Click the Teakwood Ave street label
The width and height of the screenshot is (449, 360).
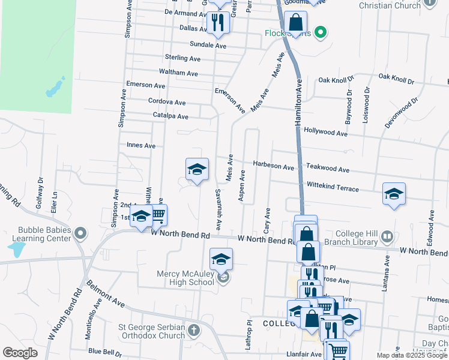327,170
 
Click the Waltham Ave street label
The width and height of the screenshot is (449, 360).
179,73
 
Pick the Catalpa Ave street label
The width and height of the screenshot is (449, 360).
170,116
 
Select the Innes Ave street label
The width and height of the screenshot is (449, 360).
141,145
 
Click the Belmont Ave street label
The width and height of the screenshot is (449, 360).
105,293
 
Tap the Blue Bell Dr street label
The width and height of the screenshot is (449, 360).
104,352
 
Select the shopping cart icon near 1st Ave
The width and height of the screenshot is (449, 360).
158,214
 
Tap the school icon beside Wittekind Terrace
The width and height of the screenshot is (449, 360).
394,193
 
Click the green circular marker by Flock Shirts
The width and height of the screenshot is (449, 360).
321,32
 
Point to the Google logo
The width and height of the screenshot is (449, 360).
20,353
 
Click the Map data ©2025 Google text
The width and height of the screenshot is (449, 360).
412,355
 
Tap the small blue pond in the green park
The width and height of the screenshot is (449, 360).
55,88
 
